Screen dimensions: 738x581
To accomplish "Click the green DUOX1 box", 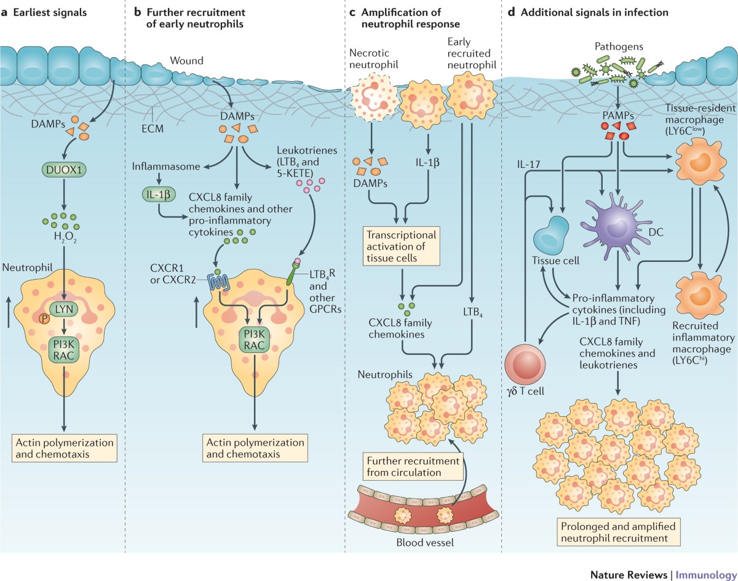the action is click(64, 170).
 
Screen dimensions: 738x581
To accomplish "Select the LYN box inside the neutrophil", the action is click(64, 309).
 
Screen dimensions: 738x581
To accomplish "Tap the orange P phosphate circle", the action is click(44, 319).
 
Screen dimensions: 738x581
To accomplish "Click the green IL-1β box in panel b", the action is click(159, 194).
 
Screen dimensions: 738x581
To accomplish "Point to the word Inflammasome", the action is click(166, 167).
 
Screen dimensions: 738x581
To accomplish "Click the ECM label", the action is click(153, 128).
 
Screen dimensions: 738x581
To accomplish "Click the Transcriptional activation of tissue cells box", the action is click(401, 246).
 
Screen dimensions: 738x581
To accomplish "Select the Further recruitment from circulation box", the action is click(413, 467).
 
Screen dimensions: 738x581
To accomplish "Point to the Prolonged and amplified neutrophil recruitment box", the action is click(618, 532).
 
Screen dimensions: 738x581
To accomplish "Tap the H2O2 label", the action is click(65, 237).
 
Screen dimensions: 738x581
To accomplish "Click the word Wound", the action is click(186, 61).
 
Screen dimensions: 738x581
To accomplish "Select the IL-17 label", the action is click(528, 165).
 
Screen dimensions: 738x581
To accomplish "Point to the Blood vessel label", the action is click(425, 542).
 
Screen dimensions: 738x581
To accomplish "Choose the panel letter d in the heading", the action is click(511, 12).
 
